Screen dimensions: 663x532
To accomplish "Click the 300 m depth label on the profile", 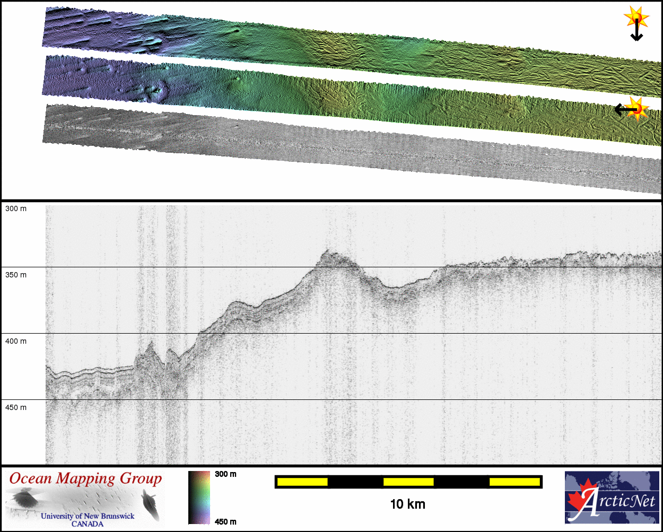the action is (16, 208).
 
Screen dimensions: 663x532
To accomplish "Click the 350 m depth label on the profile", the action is (16, 275).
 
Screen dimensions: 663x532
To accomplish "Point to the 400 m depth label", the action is (16, 341).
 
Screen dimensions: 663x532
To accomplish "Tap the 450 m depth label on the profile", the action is (16, 407).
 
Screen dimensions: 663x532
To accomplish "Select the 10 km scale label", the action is (407, 504).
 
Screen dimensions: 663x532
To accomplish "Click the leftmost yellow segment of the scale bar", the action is (302, 482).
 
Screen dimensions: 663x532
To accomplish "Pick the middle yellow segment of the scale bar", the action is (408, 482).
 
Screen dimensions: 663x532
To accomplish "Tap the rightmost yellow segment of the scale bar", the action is (514, 482).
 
